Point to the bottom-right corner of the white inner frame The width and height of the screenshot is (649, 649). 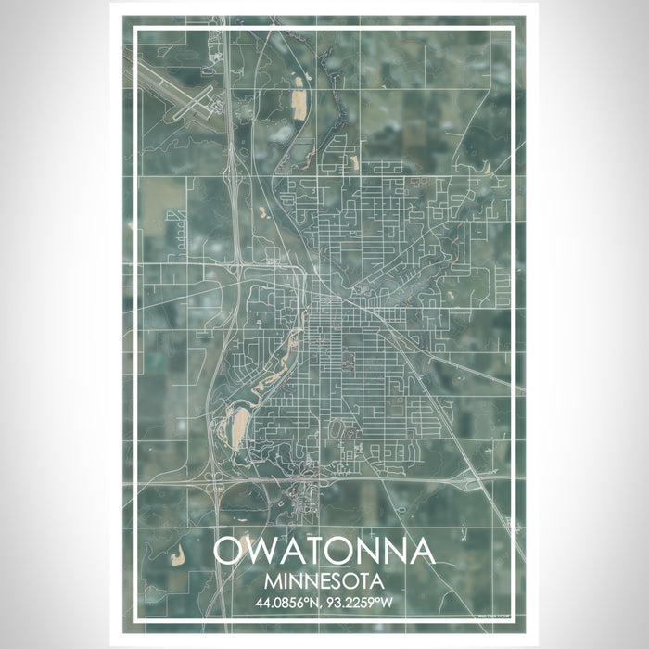coord(515,619)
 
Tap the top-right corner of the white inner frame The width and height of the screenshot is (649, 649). coord(515,30)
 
